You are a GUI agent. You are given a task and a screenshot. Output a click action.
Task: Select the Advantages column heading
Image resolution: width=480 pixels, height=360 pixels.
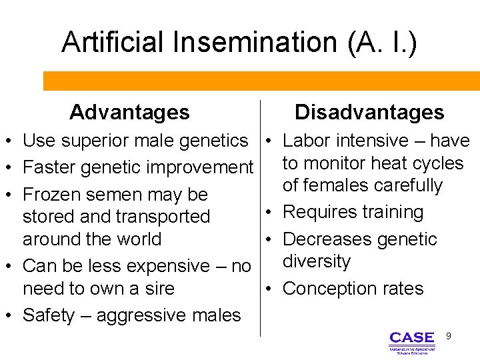click(x=129, y=112)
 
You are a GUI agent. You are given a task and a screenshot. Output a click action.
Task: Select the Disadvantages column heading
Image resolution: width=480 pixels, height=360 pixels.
click(x=369, y=112)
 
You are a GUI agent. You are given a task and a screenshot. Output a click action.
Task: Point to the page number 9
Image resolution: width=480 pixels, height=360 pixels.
click(x=449, y=336)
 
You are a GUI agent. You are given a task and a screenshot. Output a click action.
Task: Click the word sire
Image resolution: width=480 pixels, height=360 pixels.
click(x=159, y=289)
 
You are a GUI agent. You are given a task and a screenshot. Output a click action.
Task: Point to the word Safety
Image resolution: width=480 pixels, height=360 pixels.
click(x=49, y=315)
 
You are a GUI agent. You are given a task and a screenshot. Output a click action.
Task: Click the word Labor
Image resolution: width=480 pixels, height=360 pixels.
click(x=308, y=141)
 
